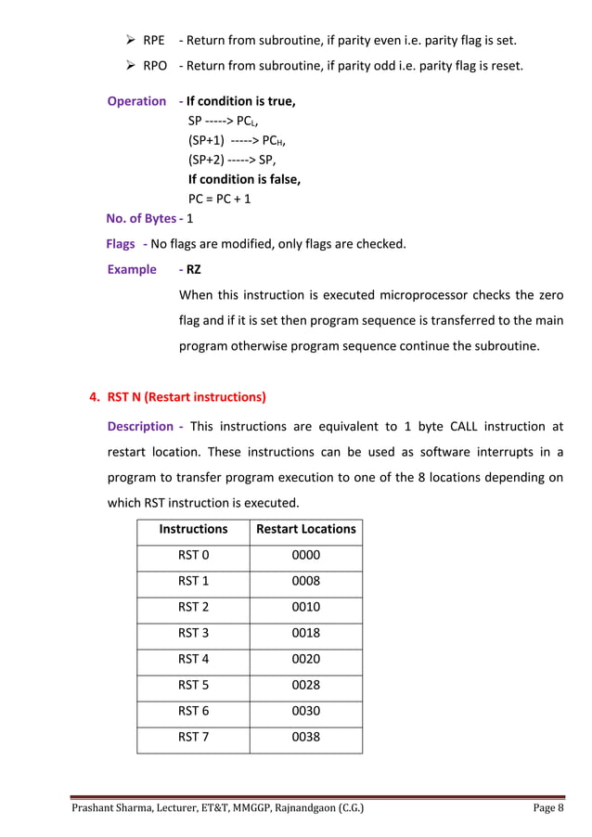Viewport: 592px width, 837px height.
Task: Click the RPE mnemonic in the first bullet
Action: (155, 41)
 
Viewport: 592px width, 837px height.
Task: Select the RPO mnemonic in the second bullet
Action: (155, 66)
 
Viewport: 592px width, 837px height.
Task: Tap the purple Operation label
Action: (136, 101)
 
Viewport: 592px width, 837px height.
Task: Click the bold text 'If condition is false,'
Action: (244, 179)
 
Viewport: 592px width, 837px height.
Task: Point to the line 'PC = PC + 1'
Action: (219, 199)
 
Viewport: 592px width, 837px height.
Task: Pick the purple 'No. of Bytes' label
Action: (141, 219)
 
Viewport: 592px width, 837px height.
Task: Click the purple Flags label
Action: (121, 244)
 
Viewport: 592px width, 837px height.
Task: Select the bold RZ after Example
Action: (194, 270)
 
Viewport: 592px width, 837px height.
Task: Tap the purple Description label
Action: (140, 427)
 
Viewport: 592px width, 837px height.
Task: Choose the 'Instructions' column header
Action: (193, 529)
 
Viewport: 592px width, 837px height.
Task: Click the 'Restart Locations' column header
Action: (305, 529)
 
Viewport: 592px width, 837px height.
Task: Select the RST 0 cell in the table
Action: (193, 556)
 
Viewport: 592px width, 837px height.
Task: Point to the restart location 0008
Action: (305, 582)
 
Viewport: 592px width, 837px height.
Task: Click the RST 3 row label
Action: (193, 634)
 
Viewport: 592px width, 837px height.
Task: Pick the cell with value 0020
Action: (305, 660)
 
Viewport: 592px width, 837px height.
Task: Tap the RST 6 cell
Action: (193, 712)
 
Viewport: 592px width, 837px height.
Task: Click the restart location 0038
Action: (305, 738)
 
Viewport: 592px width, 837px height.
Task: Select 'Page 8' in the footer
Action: (548, 809)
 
